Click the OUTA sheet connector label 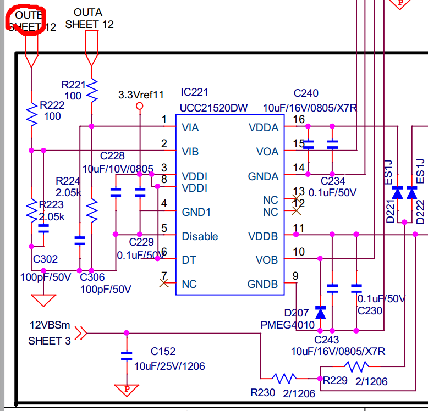[x=87, y=12]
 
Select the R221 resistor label [x=74, y=85]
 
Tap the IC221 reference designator [x=194, y=92]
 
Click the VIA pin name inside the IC [x=190, y=127]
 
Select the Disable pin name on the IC [x=200, y=236]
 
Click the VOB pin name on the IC [x=267, y=260]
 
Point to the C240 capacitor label [x=306, y=93]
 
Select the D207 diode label [x=295, y=314]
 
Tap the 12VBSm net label [x=48, y=324]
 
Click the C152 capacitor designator [x=163, y=351]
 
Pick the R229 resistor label [x=335, y=380]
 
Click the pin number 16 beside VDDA [x=299, y=120]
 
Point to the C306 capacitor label [x=92, y=277]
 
